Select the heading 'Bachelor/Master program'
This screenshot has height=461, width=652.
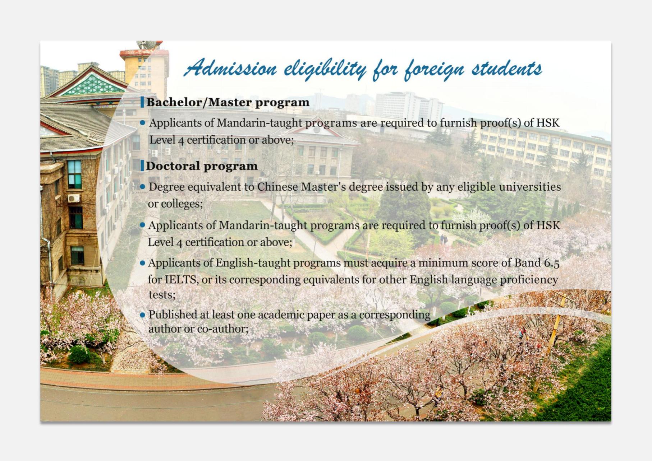[x=228, y=102]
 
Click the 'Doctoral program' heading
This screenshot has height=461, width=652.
[x=202, y=166]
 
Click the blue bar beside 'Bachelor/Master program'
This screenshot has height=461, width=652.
[x=142, y=102]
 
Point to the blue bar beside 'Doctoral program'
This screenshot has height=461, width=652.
[x=142, y=166]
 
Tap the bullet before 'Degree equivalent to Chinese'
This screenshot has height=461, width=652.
[x=142, y=187]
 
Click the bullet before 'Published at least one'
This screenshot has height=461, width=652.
[x=142, y=315]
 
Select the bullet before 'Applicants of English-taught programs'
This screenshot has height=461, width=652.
[x=142, y=263]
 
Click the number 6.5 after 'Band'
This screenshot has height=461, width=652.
[x=552, y=263]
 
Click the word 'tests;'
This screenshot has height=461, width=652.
[x=162, y=295]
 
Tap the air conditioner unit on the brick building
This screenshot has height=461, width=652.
[x=74, y=198]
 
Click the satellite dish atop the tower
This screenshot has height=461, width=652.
[x=147, y=45]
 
